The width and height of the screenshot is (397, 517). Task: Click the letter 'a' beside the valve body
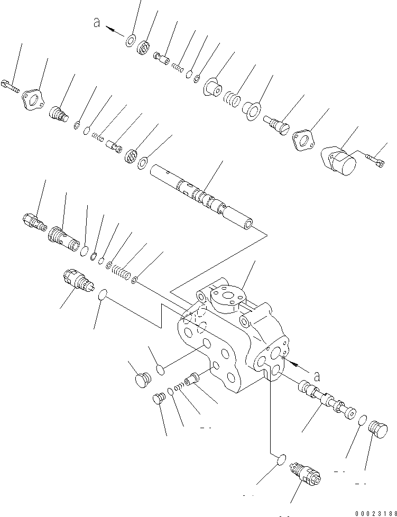pos(317,376)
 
